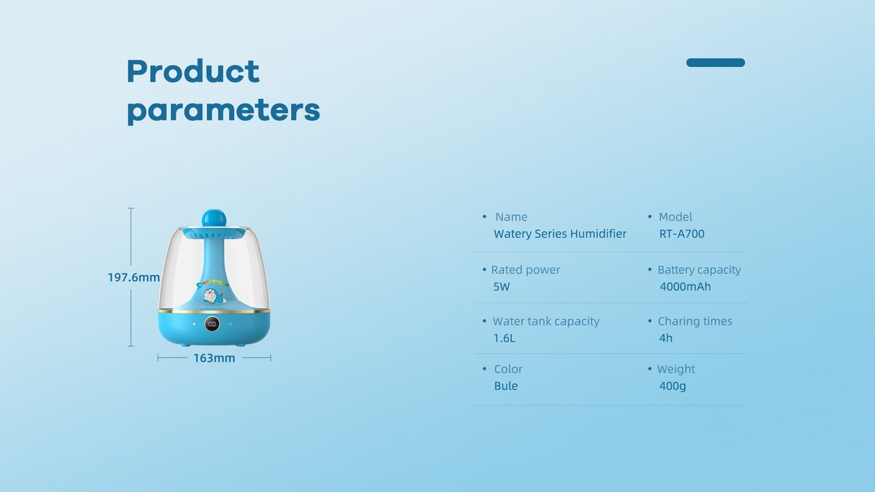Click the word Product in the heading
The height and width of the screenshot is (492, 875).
193,71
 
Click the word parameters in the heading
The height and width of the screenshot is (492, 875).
223,112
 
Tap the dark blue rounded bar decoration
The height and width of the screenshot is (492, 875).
715,63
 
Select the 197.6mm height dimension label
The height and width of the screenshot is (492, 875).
133,277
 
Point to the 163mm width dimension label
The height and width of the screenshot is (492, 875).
214,358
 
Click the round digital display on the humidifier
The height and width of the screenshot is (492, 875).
211,324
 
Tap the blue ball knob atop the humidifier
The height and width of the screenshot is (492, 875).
214,218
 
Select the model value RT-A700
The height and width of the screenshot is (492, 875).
682,233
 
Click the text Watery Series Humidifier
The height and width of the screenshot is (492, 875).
560,233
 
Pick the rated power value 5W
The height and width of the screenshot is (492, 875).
502,286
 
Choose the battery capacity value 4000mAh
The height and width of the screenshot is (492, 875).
685,286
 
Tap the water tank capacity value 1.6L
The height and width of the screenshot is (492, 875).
505,338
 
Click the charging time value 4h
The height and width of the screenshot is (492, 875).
666,338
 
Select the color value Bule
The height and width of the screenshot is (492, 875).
506,386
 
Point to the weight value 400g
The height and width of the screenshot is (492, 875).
672,386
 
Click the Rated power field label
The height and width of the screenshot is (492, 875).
526,270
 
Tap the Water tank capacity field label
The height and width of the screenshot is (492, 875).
546,321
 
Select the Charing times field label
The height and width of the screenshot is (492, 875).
695,321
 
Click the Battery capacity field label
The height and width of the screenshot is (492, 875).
699,270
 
